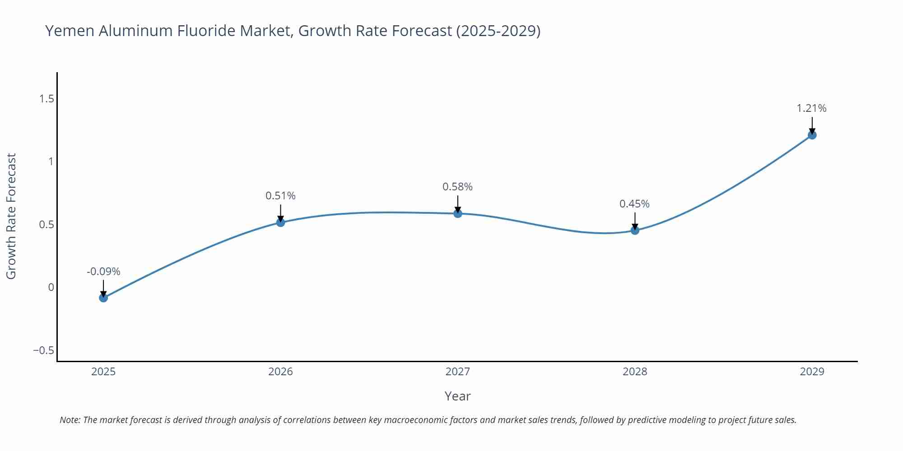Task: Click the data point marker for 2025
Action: (x=103, y=298)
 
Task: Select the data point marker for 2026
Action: (x=280, y=222)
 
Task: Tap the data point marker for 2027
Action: (x=458, y=213)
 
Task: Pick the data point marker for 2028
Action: (x=635, y=230)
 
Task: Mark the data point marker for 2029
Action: (x=812, y=135)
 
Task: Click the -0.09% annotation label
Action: (x=103, y=272)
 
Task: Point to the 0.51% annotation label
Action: (x=280, y=196)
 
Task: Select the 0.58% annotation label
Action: (x=457, y=187)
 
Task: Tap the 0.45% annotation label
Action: (x=634, y=204)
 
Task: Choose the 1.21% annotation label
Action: (x=811, y=108)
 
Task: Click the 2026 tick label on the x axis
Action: (x=280, y=372)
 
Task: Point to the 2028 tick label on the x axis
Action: (x=635, y=372)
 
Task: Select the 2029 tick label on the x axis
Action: (x=812, y=372)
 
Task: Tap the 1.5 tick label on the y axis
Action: (x=47, y=99)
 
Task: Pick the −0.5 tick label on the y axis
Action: (x=43, y=350)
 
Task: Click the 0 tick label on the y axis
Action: (x=51, y=287)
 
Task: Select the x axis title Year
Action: (x=457, y=396)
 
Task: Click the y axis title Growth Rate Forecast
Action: (x=11, y=216)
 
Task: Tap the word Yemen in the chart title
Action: (x=70, y=31)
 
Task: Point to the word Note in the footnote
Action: (x=70, y=420)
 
